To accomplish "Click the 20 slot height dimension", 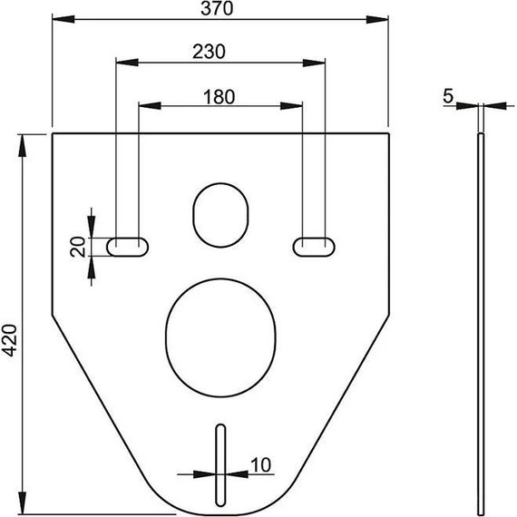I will (x=79, y=246).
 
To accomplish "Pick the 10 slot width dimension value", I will (x=260, y=464).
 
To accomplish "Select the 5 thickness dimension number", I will (x=450, y=94).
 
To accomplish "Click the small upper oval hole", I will (x=220, y=214).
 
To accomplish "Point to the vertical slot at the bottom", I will (x=219, y=462).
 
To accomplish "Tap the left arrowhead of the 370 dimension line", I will (x=56, y=17).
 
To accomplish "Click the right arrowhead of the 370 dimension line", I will (x=383, y=17).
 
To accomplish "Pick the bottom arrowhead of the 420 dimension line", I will (x=23, y=505).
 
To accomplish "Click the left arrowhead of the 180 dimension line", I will (x=142, y=106).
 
